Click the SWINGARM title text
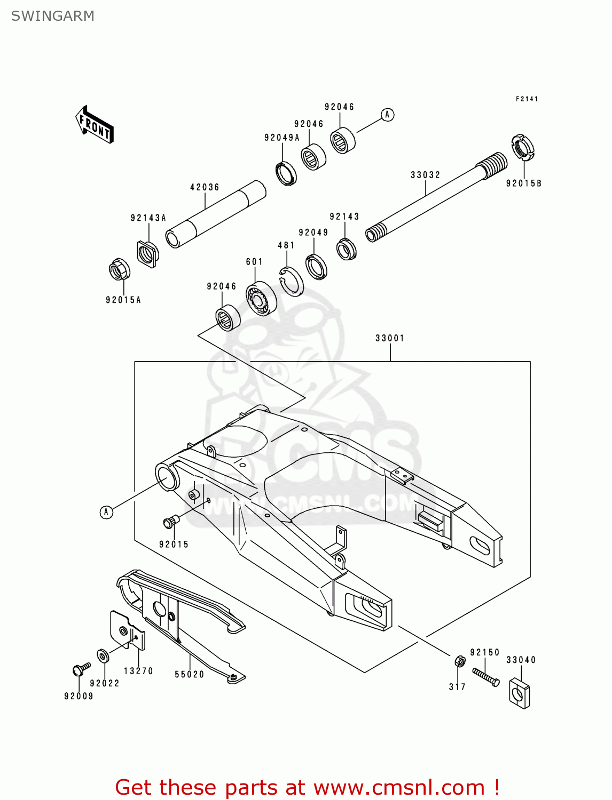click(52, 16)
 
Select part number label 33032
click(425, 175)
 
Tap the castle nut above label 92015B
click(522, 148)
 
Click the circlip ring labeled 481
click(292, 281)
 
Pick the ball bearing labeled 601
click(261, 298)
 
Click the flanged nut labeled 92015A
click(120, 269)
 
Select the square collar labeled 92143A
click(147, 253)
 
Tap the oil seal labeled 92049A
click(286, 173)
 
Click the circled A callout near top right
click(388, 115)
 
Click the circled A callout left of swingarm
click(106, 512)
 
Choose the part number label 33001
click(390, 338)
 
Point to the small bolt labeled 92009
click(81, 669)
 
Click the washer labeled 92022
click(102, 655)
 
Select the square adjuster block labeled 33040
click(519, 693)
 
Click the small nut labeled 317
click(459, 661)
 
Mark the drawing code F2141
click(527, 99)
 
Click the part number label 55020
click(190, 675)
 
